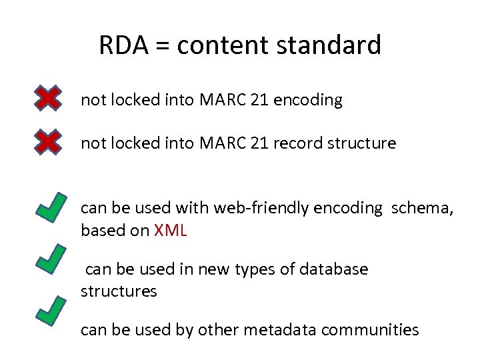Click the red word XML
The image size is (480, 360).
click(x=171, y=231)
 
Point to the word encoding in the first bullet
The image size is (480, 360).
click(x=309, y=101)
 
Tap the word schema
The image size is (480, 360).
click(x=422, y=208)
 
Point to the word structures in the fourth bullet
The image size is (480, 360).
click(x=119, y=291)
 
